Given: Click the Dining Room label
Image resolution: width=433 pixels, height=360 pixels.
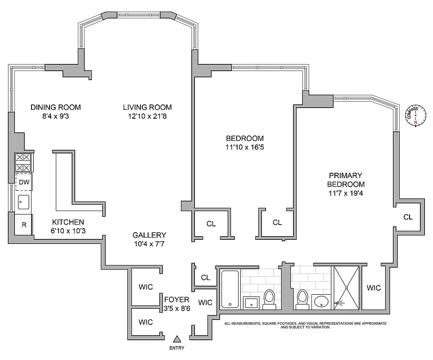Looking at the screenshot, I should coord(55,107).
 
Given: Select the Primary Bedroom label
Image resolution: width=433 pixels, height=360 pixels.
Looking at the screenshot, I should coord(346,180).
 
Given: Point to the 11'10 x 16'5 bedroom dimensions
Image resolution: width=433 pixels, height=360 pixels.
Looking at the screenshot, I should coord(244,148).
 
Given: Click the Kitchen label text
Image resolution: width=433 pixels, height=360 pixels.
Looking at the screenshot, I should coord(68,222).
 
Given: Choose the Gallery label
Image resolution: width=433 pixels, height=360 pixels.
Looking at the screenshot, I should coord(149,235).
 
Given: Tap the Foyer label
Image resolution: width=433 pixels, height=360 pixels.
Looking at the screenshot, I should coord(176,299).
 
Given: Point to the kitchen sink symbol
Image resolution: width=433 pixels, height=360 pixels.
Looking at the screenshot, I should coord(23,202).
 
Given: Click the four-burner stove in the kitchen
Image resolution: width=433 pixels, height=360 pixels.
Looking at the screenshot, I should coord(23,162).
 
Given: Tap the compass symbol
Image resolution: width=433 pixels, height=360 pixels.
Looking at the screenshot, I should coord(415,117).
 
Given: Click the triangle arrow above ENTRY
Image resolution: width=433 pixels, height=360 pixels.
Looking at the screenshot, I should coord(177,339).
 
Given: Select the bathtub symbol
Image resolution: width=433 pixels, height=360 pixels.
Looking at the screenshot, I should coord(230,288).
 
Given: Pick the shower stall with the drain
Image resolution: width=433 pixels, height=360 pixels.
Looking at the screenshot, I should coord(346,287).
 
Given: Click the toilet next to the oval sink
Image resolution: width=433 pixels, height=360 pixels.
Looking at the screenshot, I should coord(303,299).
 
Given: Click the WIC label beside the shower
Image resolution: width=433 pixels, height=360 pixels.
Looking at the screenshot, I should coord(374,288).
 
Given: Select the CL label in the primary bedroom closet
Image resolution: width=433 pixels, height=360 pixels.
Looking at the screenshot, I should coord(408,217).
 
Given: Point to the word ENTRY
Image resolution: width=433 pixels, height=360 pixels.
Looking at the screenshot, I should coord(177,348).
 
